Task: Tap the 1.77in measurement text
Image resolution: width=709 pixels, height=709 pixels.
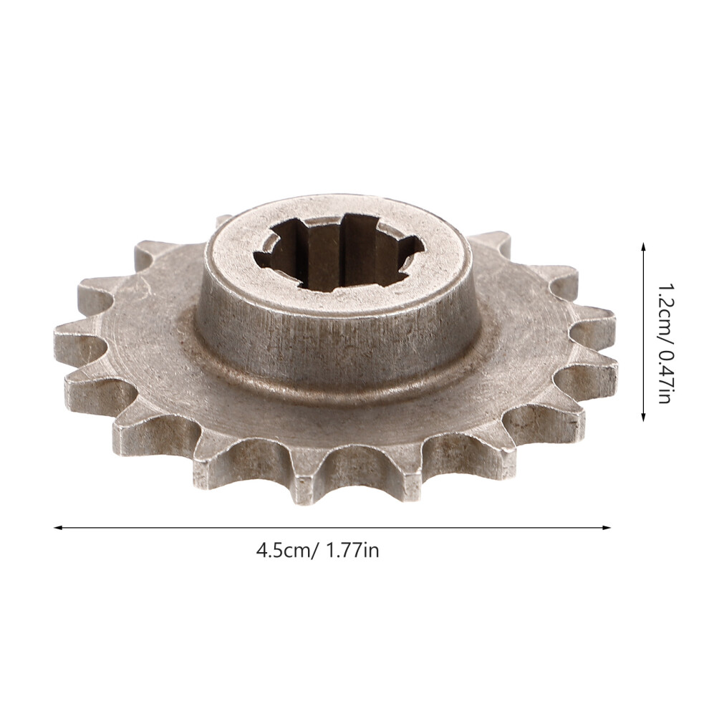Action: click(x=352, y=551)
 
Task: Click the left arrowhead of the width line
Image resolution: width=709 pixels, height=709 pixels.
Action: click(x=57, y=527)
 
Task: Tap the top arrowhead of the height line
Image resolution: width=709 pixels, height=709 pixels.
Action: click(x=643, y=246)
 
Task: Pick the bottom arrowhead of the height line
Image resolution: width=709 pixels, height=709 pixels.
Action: click(x=643, y=417)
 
